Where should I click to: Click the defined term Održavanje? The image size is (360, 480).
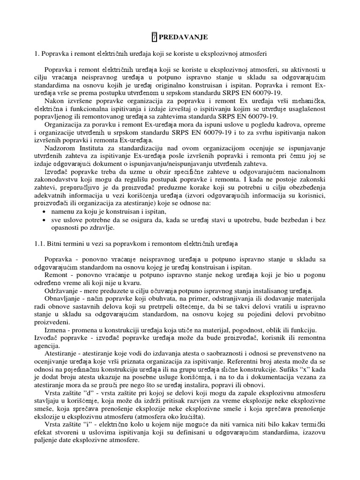pyautogui.click(x=61, y=291)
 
